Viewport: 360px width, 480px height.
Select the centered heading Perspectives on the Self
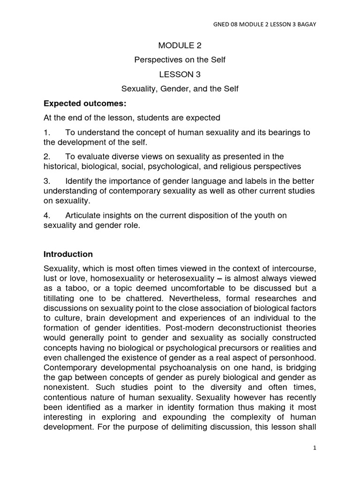tap(180, 60)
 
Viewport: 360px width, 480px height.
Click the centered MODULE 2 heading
tap(180, 45)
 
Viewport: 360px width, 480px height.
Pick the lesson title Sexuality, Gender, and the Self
tap(180, 89)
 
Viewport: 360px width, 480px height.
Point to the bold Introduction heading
tap(68, 254)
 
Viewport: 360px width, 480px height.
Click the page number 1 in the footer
tap(315, 448)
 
